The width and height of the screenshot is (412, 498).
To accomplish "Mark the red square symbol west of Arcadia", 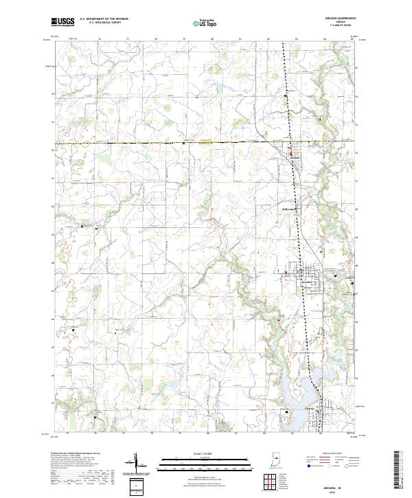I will coord(286,273).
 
